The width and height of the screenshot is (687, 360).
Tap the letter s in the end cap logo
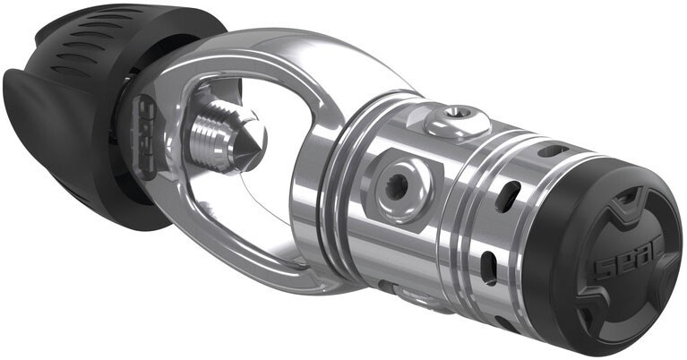point(601,265)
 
